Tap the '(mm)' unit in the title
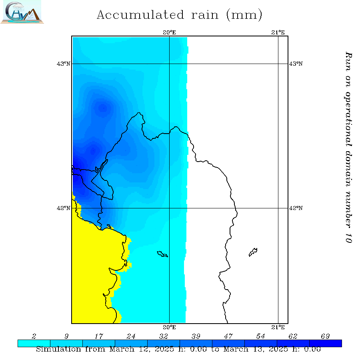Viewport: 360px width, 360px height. tap(244, 16)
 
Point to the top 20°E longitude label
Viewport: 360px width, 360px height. tap(170, 32)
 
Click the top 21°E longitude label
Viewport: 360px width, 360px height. tap(278, 32)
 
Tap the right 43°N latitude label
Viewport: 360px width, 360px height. tap(296, 64)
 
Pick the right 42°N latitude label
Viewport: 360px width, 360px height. tap(296, 208)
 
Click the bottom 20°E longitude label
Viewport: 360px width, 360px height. tap(170, 327)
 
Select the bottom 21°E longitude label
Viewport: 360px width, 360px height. tap(278, 327)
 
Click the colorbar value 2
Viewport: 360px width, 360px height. tap(34, 335)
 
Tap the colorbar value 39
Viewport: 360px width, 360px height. tap(196, 335)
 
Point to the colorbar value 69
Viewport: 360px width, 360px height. tap(326, 335)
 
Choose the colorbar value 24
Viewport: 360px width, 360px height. tap(131, 335)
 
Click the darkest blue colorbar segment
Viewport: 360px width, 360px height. tap(326, 343)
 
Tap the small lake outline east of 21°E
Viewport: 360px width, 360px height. tap(253, 252)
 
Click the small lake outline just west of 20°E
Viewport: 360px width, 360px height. tap(162, 254)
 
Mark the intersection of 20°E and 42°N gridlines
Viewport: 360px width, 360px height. tap(170, 208)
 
